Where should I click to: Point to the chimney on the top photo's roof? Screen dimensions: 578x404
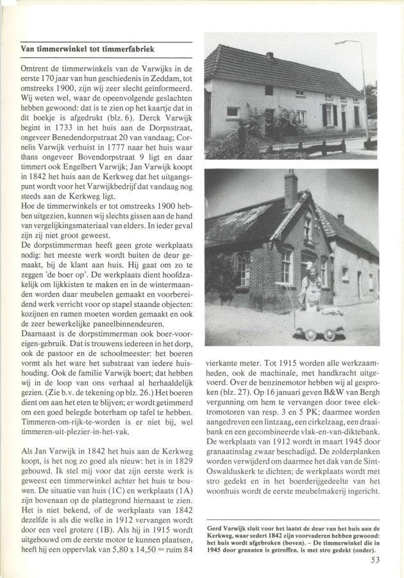269,55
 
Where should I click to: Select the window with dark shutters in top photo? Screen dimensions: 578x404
330,115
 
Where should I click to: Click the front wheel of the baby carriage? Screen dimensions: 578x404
329,335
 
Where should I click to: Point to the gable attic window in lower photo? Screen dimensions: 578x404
308,227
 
